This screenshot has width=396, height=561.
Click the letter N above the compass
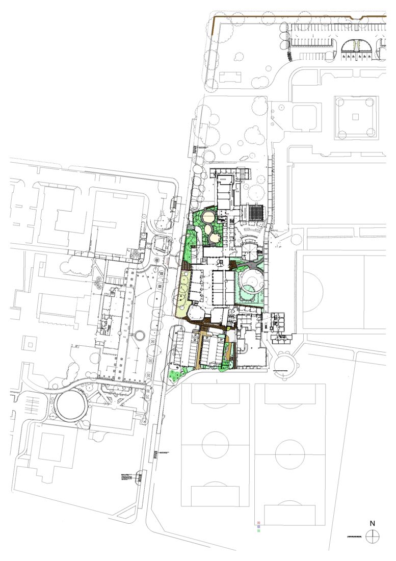coord(373,523)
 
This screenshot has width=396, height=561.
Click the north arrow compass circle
coord(373,536)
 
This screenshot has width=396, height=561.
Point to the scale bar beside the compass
coord(355,536)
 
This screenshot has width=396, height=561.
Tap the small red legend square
coord(259,523)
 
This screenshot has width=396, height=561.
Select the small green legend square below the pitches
coord(259,531)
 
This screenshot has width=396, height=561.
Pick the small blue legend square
coord(259,527)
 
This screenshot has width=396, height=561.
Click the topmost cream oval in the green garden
coord(209,218)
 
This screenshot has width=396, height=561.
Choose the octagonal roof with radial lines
coord(251,250)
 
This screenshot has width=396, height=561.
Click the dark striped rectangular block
coord(255,212)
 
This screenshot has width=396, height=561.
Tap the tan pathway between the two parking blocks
coord(201,351)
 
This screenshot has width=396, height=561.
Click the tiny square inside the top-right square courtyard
coord(356,117)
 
